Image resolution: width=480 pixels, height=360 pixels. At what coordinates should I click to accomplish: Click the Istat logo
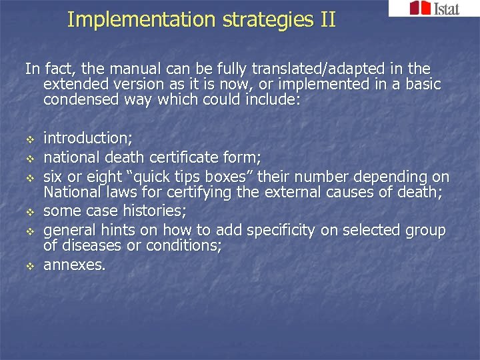(x=433, y=9)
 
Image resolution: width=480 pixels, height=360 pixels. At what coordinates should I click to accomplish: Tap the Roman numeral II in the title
(x=327, y=20)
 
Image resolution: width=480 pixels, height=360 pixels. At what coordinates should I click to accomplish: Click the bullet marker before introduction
(x=29, y=139)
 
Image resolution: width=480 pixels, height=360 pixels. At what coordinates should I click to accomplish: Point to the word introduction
(x=87, y=139)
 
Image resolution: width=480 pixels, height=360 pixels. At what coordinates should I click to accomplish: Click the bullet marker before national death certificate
(x=29, y=159)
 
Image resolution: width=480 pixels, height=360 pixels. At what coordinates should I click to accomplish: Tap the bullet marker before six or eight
(x=29, y=178)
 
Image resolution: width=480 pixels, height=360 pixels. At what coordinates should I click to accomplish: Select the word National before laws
(x=73, y=193)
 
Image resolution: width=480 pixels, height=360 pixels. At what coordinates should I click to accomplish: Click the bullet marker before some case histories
(x=29, y=213)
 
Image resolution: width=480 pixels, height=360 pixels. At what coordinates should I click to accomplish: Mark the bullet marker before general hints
(x=29, y=231)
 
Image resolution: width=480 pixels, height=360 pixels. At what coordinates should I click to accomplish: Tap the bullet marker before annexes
(x=29, y=265)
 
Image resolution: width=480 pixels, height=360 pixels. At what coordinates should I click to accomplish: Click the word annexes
(x=73, y=265)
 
